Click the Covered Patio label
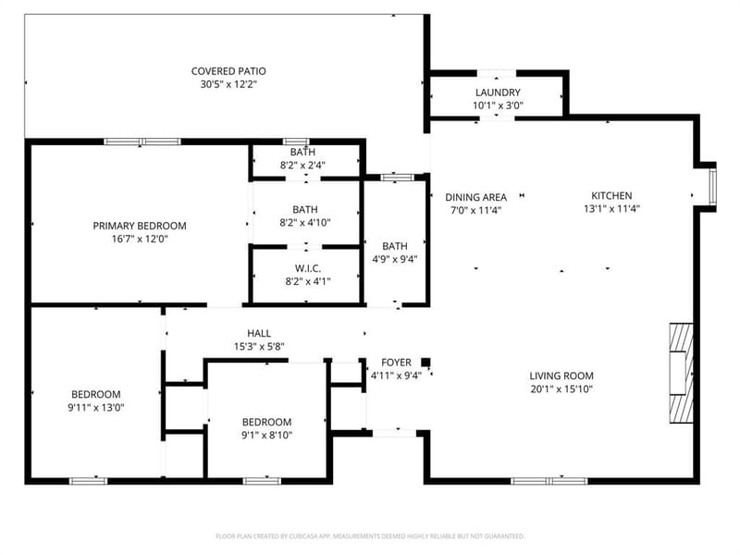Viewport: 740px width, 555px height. [228, 71]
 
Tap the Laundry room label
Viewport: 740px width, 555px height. [498, 92]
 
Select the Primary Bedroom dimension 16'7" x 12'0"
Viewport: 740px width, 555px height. [140, 239]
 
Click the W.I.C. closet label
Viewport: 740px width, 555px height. [308, 268]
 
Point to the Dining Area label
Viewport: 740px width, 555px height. [475, 197]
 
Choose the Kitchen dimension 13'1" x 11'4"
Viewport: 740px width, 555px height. [611, 209]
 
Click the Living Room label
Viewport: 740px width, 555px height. [561, 376]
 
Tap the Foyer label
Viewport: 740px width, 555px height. [396, 363]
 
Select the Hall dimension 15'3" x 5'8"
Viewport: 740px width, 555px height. [259, 346]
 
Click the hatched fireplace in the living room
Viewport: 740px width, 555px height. [681, 373]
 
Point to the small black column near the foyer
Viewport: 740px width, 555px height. [425, 363]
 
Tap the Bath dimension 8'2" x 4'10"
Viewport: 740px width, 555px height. [305, 222]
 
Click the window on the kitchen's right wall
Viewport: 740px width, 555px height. [712, 188]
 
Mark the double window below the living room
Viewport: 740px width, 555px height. [549, 481]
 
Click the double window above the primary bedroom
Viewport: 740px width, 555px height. [142, 142]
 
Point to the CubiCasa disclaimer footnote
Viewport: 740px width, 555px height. [370, 536]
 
